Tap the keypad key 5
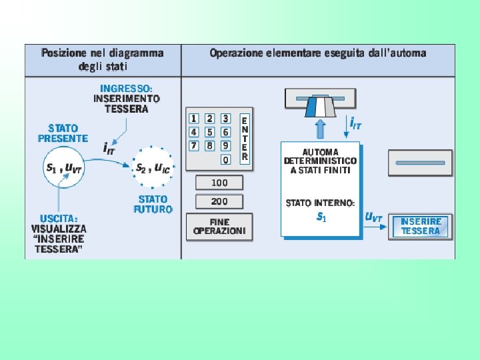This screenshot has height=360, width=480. pyautogui.click(x=209, y=132)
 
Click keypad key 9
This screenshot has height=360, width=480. pyautogui.click(x=225, y=145)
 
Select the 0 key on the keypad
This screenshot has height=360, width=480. pyautogui.click(x=225, y=159)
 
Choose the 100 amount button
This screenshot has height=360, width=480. pyautogui.click(x=219, y=182)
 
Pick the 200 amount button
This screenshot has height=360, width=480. pyautogui.click(x=219, y=201)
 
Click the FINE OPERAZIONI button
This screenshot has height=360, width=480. pyautogui.click(x=219, y=227)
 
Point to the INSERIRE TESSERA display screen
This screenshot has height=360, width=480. pyautogui.click(x=421, y=226)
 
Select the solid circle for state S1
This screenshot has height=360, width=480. pyautogui.click(x=64, y=169)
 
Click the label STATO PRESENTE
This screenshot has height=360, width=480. pyautogui.click(x=63, y=133)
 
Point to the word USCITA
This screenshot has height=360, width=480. pyautogui.click(x=58, y=218)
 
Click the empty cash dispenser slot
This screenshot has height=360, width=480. pyautogui.click(x=420, y=163)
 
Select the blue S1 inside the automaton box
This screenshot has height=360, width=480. pyautogui.click(x=321, y=216)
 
